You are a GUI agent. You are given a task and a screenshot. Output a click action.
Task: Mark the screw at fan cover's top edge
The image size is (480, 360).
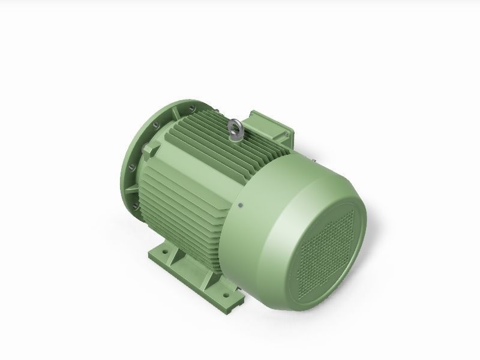click(313, 158)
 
